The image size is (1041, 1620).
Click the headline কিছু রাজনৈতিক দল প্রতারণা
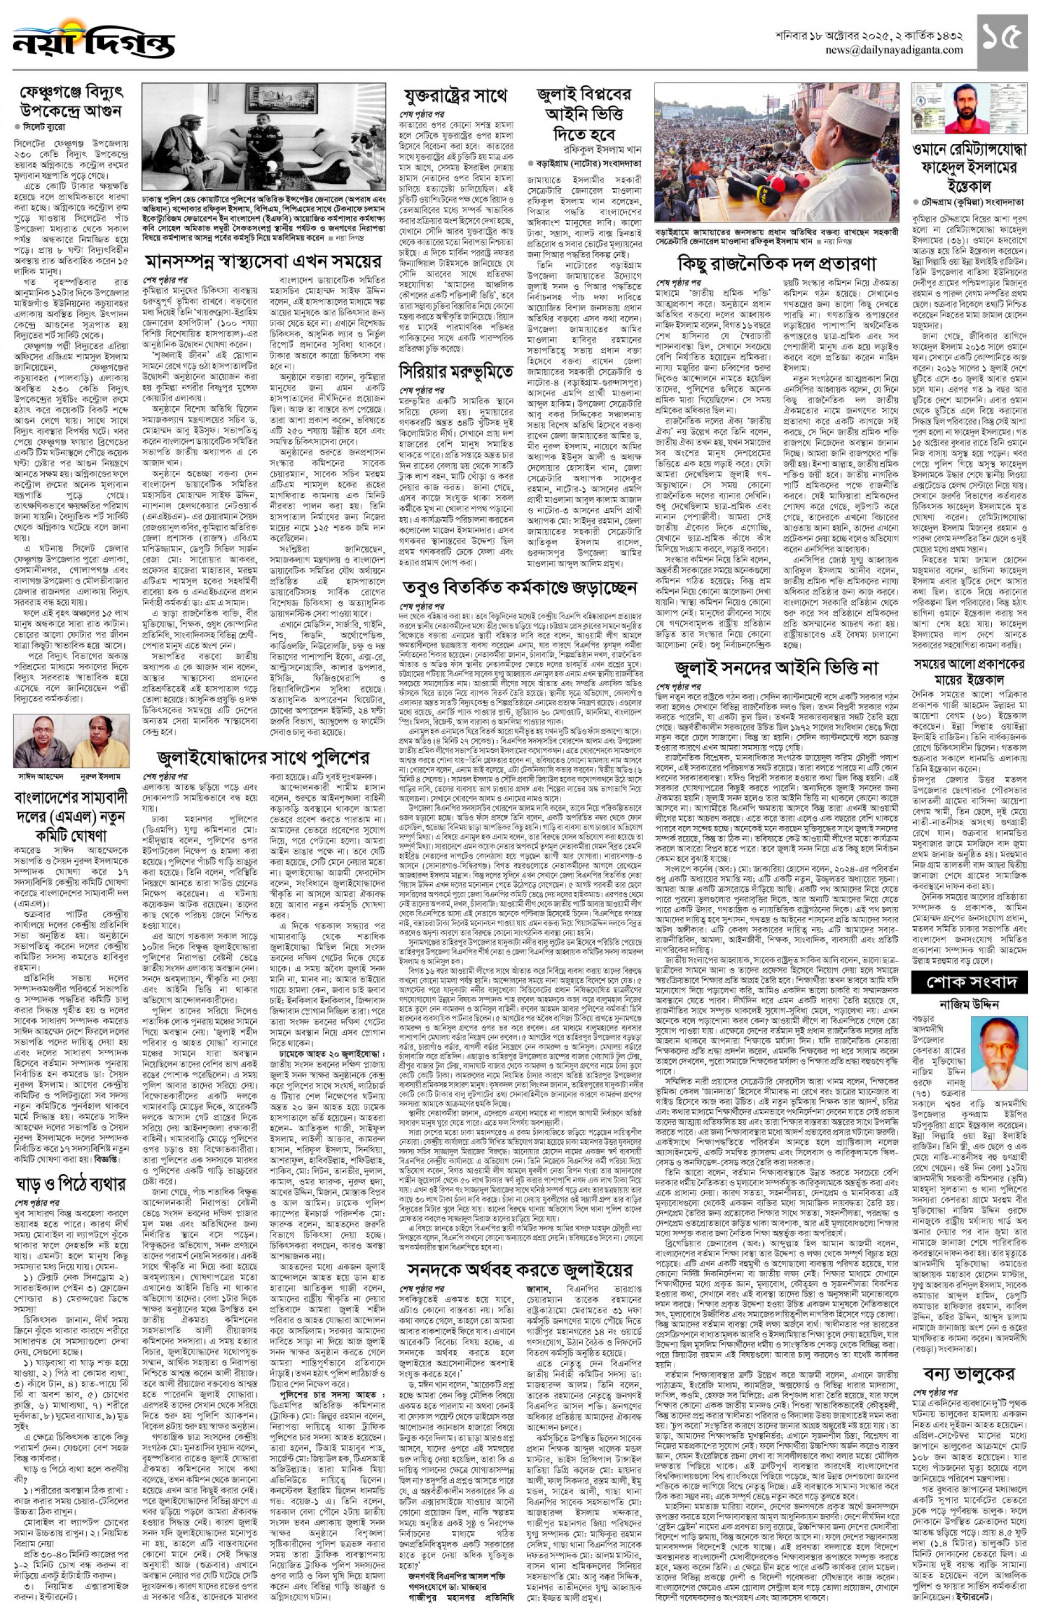point(776,262)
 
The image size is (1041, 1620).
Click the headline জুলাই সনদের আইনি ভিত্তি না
point(776,669)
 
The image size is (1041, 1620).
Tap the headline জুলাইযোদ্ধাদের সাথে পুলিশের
point(263,757)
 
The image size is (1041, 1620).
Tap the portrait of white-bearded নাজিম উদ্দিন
point(997,1048)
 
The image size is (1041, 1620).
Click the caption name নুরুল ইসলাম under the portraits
point(99,777)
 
